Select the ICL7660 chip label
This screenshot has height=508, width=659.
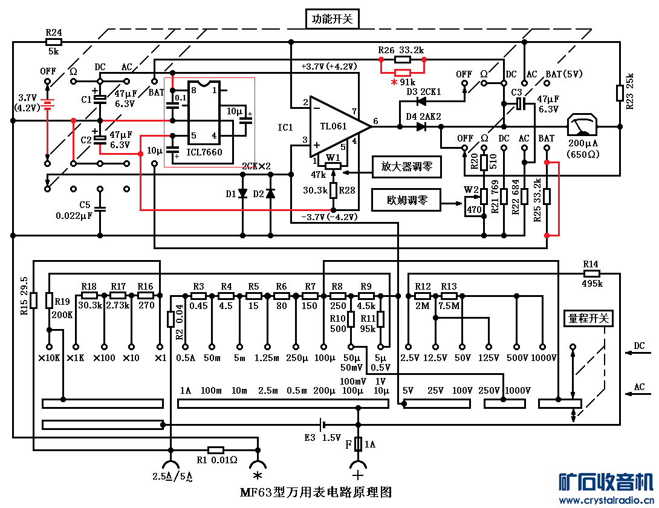(204, 152)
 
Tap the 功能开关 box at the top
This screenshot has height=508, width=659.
(332, 19)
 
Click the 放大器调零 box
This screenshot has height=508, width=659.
(407, 167)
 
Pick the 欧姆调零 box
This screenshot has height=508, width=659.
(406, 200)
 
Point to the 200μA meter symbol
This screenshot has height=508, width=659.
(582, 127)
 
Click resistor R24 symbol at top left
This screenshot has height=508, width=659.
(53, 42)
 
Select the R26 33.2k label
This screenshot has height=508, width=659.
(401, 50)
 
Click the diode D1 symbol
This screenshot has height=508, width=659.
(243, 194)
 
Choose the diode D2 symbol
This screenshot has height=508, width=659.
(270, 194)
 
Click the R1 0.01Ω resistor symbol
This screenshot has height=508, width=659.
(216, 450)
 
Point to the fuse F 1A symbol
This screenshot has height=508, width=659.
(358, 444)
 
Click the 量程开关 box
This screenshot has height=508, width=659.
(588, 318)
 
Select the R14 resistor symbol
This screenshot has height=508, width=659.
(591, 273)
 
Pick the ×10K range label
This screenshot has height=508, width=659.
(49, 357)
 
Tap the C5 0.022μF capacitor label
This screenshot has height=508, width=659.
(74, 210)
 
